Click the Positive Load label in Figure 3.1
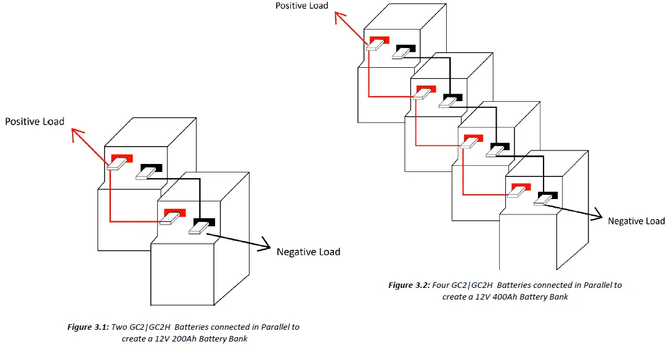pyautogui.click(x=35, y=121)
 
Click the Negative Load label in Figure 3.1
pyautogui.click(x=308, y=252)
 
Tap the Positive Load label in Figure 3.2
pyautogui.click(x=301, y=6)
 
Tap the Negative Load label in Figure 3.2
pyautogui.click(x=636, y=221)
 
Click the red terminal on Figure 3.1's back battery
pyautogui.click(x=121, y=158)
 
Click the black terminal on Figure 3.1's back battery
pyautogui.click(x=152, y=168)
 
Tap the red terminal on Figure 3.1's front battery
pyautogui.click(x=174, y=212)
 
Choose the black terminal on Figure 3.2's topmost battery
pyautogui.click(x=405, y=47)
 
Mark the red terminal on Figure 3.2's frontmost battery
pyautogui.click(x=519, y=187)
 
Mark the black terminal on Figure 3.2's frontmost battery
pyautogui.click(x=547, y=196)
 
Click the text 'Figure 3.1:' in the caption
pyautogui.click(x=88, y=327)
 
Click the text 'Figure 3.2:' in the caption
pyautogui.click(x=409, y=285)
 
